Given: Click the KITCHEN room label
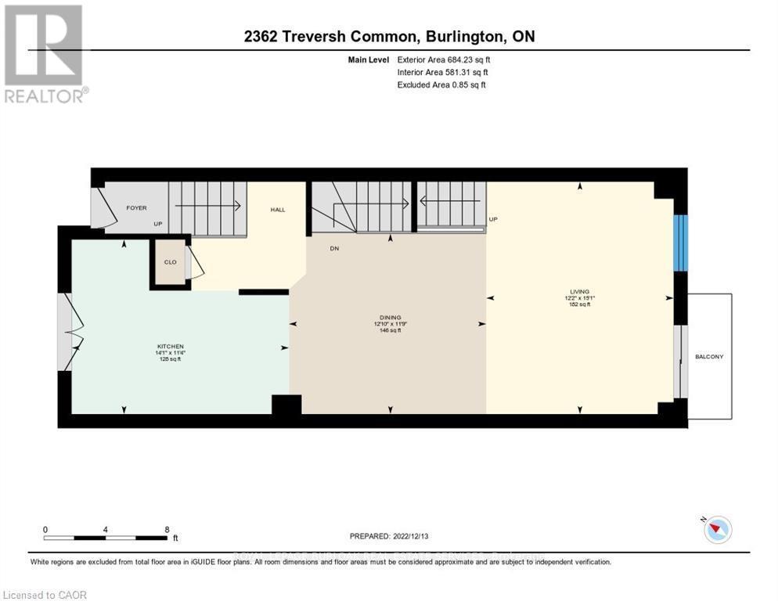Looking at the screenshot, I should tap(170, 346).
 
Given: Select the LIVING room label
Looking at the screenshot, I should tap(579, 291).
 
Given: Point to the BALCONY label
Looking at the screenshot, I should tap(709, 357).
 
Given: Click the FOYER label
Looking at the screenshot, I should tap(137, 208).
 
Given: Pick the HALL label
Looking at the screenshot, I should tap(278, 210).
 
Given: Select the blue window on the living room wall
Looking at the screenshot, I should tap(681, 243).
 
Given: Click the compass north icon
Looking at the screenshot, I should tap(717, 530).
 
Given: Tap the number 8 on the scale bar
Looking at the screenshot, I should tap(167, 529).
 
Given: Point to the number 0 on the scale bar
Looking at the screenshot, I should tap(45, 529).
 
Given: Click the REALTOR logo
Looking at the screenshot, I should tap(45, 54).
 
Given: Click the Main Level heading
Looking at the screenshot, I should tap(369, 59).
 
